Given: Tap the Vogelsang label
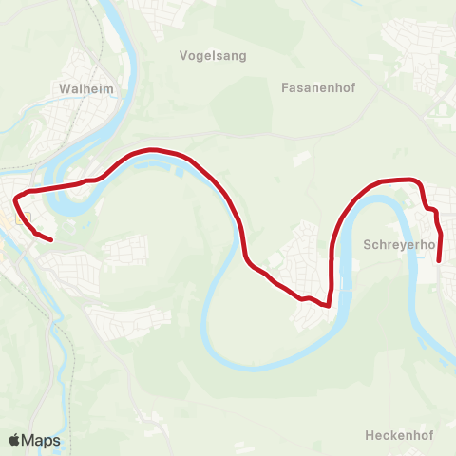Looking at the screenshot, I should (213, 55).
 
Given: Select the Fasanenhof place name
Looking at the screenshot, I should (318, 87).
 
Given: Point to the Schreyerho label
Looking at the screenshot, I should (399, 245).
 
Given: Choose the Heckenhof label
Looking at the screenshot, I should (398, 435).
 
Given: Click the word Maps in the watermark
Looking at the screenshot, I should (43, 440).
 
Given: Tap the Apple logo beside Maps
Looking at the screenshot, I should (15, 440).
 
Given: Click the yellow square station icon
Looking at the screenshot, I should (24, 218).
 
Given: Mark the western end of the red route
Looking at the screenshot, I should (49, 239).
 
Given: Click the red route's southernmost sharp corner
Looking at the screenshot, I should (327, 306).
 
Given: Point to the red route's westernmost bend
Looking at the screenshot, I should (15, 200).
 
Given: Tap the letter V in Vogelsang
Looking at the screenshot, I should (184, 55).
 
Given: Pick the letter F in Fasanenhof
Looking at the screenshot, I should (286, 87).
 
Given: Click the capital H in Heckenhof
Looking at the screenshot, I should (369, 435).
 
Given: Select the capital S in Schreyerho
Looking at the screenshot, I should (368, 245).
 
